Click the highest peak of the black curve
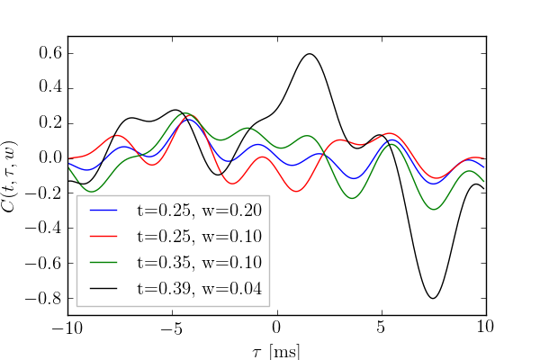310,54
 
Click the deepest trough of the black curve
434,298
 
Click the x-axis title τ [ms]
276,349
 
